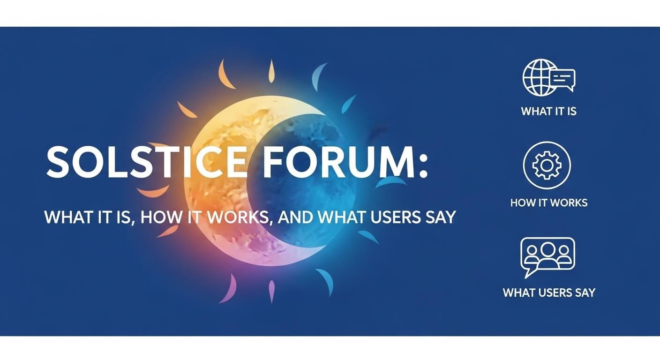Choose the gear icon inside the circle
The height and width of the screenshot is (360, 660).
pyautogui.click(x=547, y=165)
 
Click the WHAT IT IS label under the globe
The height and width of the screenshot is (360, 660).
pyautogui.click(x=548, y=112)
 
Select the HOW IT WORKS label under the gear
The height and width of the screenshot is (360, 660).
pyautogui.click(x=548, y=203)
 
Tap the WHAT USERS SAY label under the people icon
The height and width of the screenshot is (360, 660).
pyautogui.click(x=548, y=293)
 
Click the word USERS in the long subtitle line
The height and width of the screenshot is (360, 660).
pyautogui.click(x=395, y=217)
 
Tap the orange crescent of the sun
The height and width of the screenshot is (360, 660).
pyautogui.click(x=211, y=187)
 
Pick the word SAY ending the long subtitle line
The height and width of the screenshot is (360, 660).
pyautogui.click(x=441, y=217)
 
